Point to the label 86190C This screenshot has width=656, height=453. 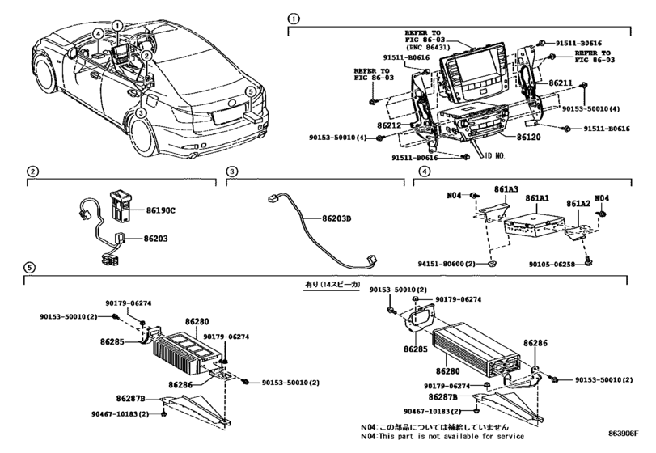161,210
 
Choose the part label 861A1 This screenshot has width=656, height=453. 538,198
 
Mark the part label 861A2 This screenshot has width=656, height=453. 577,204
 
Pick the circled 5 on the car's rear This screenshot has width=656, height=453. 252,92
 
